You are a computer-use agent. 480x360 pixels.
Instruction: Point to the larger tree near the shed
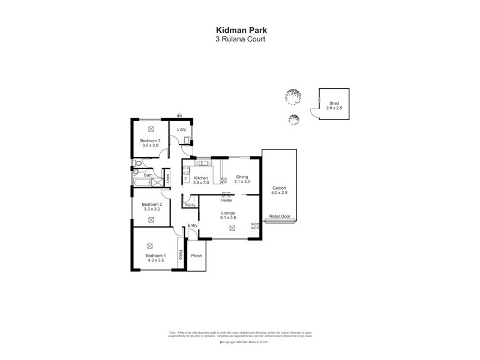point(293,95)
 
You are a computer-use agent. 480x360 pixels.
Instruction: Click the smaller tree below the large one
point(293,119)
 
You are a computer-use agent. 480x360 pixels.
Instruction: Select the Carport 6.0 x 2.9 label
point(280,190)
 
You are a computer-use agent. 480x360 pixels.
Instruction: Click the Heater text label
point(226,200)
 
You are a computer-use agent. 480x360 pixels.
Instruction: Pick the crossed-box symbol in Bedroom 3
point(151,128)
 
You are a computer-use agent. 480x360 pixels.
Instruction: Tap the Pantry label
point(190,205)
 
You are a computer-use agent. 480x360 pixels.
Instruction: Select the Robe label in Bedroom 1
point(179,254)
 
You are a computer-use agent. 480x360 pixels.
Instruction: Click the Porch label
point(196,256)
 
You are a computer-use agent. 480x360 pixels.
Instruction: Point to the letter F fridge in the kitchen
point(186,179)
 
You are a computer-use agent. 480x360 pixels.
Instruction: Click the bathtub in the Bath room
point(143,184)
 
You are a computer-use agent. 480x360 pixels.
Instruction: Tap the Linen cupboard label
point(169,178)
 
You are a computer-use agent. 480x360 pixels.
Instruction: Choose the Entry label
point(193,225)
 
